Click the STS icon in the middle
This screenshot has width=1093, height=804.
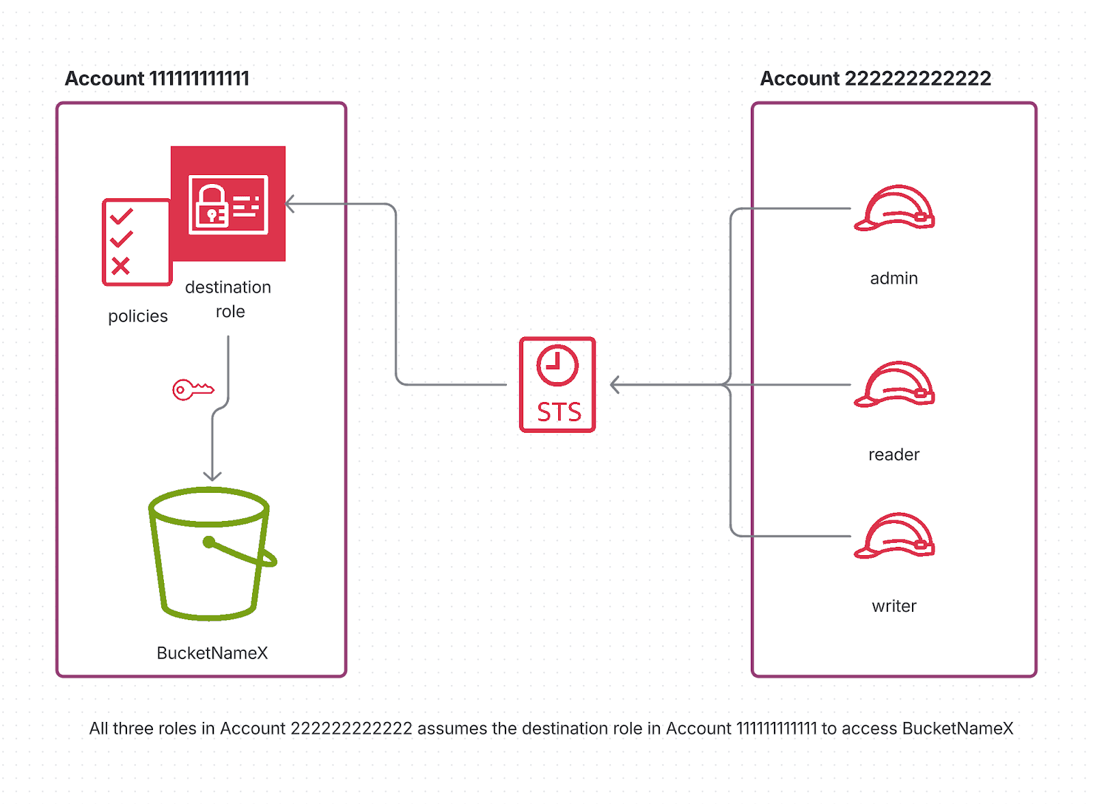tap(557, 385)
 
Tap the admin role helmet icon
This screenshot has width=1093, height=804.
tap(894, 209)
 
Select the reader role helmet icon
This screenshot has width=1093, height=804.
tap(894, 385)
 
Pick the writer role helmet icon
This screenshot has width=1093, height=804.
tap(894, 536)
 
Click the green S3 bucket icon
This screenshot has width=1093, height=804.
tap(211, 553)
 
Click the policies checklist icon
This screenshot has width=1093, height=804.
tap(136, 242)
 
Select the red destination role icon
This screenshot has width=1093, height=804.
tap(228, 204)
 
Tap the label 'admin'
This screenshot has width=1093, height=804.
tap(894, 278)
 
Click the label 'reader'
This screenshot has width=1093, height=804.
tap(894, 455)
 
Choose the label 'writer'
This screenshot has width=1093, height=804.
tap(894, 606)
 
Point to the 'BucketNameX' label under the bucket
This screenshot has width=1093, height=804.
tap(212, 653)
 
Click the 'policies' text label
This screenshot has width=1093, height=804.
tap(138, 317)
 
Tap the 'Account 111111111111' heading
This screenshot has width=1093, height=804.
tap(157, 79)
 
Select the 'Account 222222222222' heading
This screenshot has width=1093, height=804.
tap(875, 79)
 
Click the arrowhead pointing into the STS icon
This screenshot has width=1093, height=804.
tap(614, 385)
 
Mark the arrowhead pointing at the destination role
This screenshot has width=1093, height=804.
tap(290, 204)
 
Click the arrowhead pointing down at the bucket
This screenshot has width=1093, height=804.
tap(212, 477)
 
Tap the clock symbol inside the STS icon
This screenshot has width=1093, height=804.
tap(557, 365)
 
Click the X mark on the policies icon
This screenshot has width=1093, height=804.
tap(121, 266)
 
